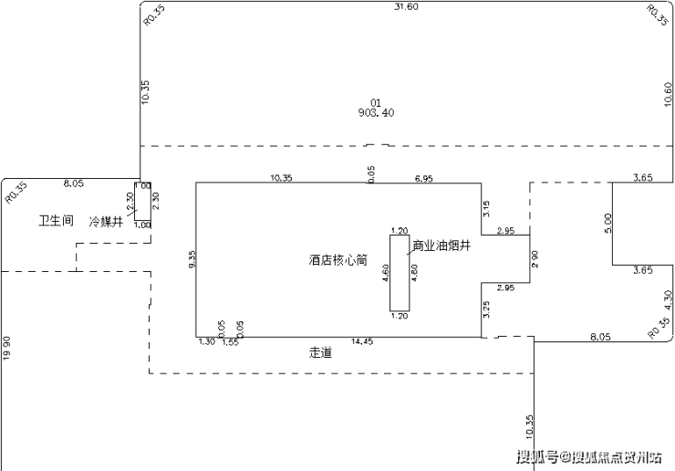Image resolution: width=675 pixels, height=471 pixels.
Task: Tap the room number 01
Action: [x=375, y=102]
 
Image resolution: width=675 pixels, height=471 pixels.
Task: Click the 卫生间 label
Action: [x=55, y=221]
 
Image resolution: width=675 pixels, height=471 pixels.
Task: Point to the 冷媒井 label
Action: [x=106, y=221]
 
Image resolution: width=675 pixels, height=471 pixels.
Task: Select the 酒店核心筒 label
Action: [x=337, y=260]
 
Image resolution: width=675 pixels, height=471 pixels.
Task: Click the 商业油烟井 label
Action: [x=441, y=246]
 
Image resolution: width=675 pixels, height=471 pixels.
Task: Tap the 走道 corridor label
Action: [x=320, y=351]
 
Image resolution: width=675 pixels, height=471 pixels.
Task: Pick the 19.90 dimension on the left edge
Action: [x=7, y=348]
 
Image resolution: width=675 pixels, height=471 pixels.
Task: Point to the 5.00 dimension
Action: [x=608, y=224]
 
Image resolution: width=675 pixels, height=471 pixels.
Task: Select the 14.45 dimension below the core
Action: [x=362, y=342]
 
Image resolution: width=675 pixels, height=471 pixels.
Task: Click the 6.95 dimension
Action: [x=424, y=178]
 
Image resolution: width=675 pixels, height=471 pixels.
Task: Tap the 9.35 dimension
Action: [x=192, y=260]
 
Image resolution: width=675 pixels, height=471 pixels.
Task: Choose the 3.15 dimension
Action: [x=487, y=209]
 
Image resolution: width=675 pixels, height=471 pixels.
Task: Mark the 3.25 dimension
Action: [x=487, y=309]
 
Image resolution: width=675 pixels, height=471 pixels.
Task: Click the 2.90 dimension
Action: [x=535, y=260]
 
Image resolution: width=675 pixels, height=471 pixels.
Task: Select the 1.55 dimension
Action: [x=230, y=342]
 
